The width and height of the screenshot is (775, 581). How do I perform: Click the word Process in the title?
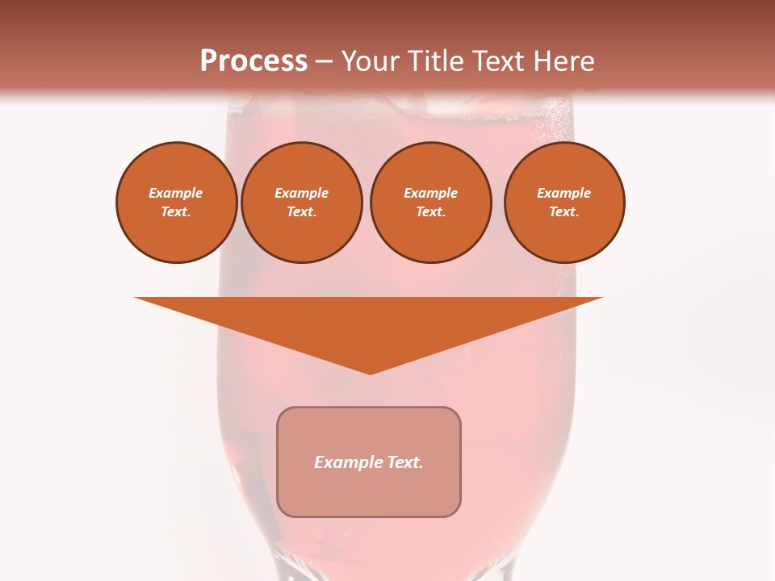pos(253,61)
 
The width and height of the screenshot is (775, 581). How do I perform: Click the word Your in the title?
pos(369,61)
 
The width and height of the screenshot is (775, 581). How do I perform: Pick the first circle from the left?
pos(176,203)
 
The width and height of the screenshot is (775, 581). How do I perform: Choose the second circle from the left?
pos(301,203)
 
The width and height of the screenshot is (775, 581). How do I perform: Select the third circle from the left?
pos(430,203)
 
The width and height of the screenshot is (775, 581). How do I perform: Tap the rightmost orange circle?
pos(563,203)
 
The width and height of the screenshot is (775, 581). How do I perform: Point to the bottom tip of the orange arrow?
pos(370,374)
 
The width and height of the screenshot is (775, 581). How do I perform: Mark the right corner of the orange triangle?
pos(601,299)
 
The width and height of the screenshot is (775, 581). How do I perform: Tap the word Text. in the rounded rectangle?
pos(404,462)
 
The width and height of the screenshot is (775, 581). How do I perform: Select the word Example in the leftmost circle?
pos(176,194)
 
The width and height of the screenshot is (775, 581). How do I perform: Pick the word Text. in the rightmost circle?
pos(563,212)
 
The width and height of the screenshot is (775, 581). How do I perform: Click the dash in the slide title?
pos(325,62)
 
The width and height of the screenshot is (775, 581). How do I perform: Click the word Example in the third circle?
pos(430,194)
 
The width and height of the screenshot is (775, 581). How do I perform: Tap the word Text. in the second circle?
pos(301,212)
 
